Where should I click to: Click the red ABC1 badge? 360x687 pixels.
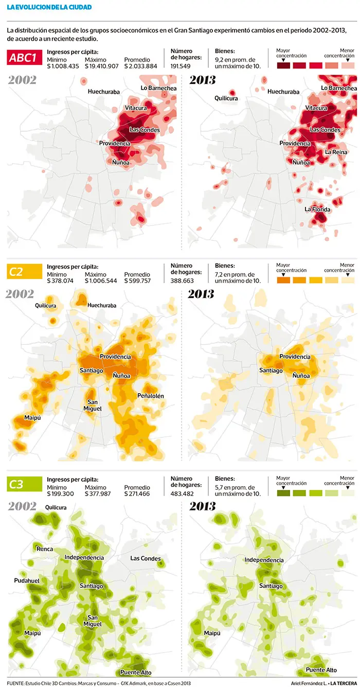pyautogui.click(x=25, y=57)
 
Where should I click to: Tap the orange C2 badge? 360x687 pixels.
pyautogui.click(x=25, y=272)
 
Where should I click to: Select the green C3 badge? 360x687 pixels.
pyautogui.click(x=25, y=484)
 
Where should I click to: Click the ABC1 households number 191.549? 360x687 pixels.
pyautogui.click(x=181, y=66)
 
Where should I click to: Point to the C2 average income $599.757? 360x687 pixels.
pyautogui.click(x=137, y=280)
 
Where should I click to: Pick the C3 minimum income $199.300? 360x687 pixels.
pyautogui.click(x=60, y=494)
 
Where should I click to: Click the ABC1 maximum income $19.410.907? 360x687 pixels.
pyautogui.click(x=102, y=66)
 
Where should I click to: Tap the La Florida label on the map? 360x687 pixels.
pyautogui.click(x=317, y=209)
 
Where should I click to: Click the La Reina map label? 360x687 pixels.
pyautogui.click(x=336, y=152)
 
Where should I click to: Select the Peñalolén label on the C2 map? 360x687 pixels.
pyautogui.click(x=151, y=396)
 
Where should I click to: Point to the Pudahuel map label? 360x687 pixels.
pyautogui.click(x=27, y=580)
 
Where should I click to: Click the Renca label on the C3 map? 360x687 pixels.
pyautogui.click(x=45, y=549)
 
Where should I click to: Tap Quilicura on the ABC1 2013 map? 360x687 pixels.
pyautogui.click(x=226, y=98)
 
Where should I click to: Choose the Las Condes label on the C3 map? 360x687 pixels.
pyautogui.click(x=146, y=558)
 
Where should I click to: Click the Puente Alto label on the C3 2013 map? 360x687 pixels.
pyautogui.click(x=321, y=670)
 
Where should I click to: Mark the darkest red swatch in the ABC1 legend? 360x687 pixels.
pyautogui.click(x=283, y=65)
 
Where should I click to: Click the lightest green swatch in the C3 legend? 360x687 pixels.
pyautogui.click(x=348, y=493)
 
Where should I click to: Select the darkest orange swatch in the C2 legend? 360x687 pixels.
pyautogui.click(x=283, y=280)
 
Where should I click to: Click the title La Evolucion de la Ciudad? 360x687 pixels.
pyautogui.click(x=49, y=7)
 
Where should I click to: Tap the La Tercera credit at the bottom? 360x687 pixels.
pyautogui.click(x=344, y=683)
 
